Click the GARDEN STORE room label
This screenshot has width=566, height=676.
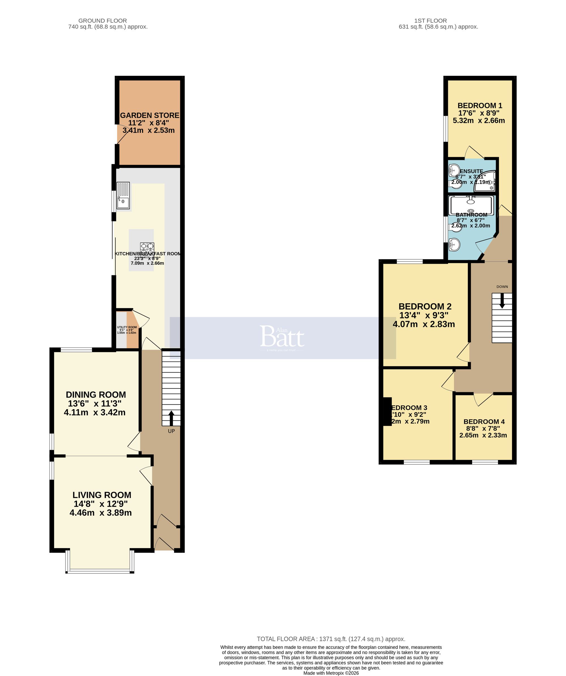(x=149, y=115)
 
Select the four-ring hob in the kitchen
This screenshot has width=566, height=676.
(x=147, y=250)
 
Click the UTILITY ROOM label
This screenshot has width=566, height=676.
(x=127, y=327)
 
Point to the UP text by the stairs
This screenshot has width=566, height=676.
(x=171, y=431)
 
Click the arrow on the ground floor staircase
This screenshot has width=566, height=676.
(x=171, y=418)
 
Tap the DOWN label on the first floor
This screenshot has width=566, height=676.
(x=502, y=286)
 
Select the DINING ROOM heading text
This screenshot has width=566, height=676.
(x=96, y=395)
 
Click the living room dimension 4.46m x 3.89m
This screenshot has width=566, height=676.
(x=101, y=513)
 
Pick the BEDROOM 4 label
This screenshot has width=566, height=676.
(x=484, y=422)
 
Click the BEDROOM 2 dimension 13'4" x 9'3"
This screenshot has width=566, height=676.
(x=424, y=315)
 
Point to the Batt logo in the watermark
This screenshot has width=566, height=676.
(x=282, y=337)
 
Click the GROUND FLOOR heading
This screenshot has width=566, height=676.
(x=103, y=21)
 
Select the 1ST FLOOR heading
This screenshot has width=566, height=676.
(x=430, y=21)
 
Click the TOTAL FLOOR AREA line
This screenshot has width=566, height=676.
(x=331, y=639)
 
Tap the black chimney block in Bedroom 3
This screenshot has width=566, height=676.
(x=387, y=411)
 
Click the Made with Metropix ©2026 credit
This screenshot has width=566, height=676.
(x=331, y=673)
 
